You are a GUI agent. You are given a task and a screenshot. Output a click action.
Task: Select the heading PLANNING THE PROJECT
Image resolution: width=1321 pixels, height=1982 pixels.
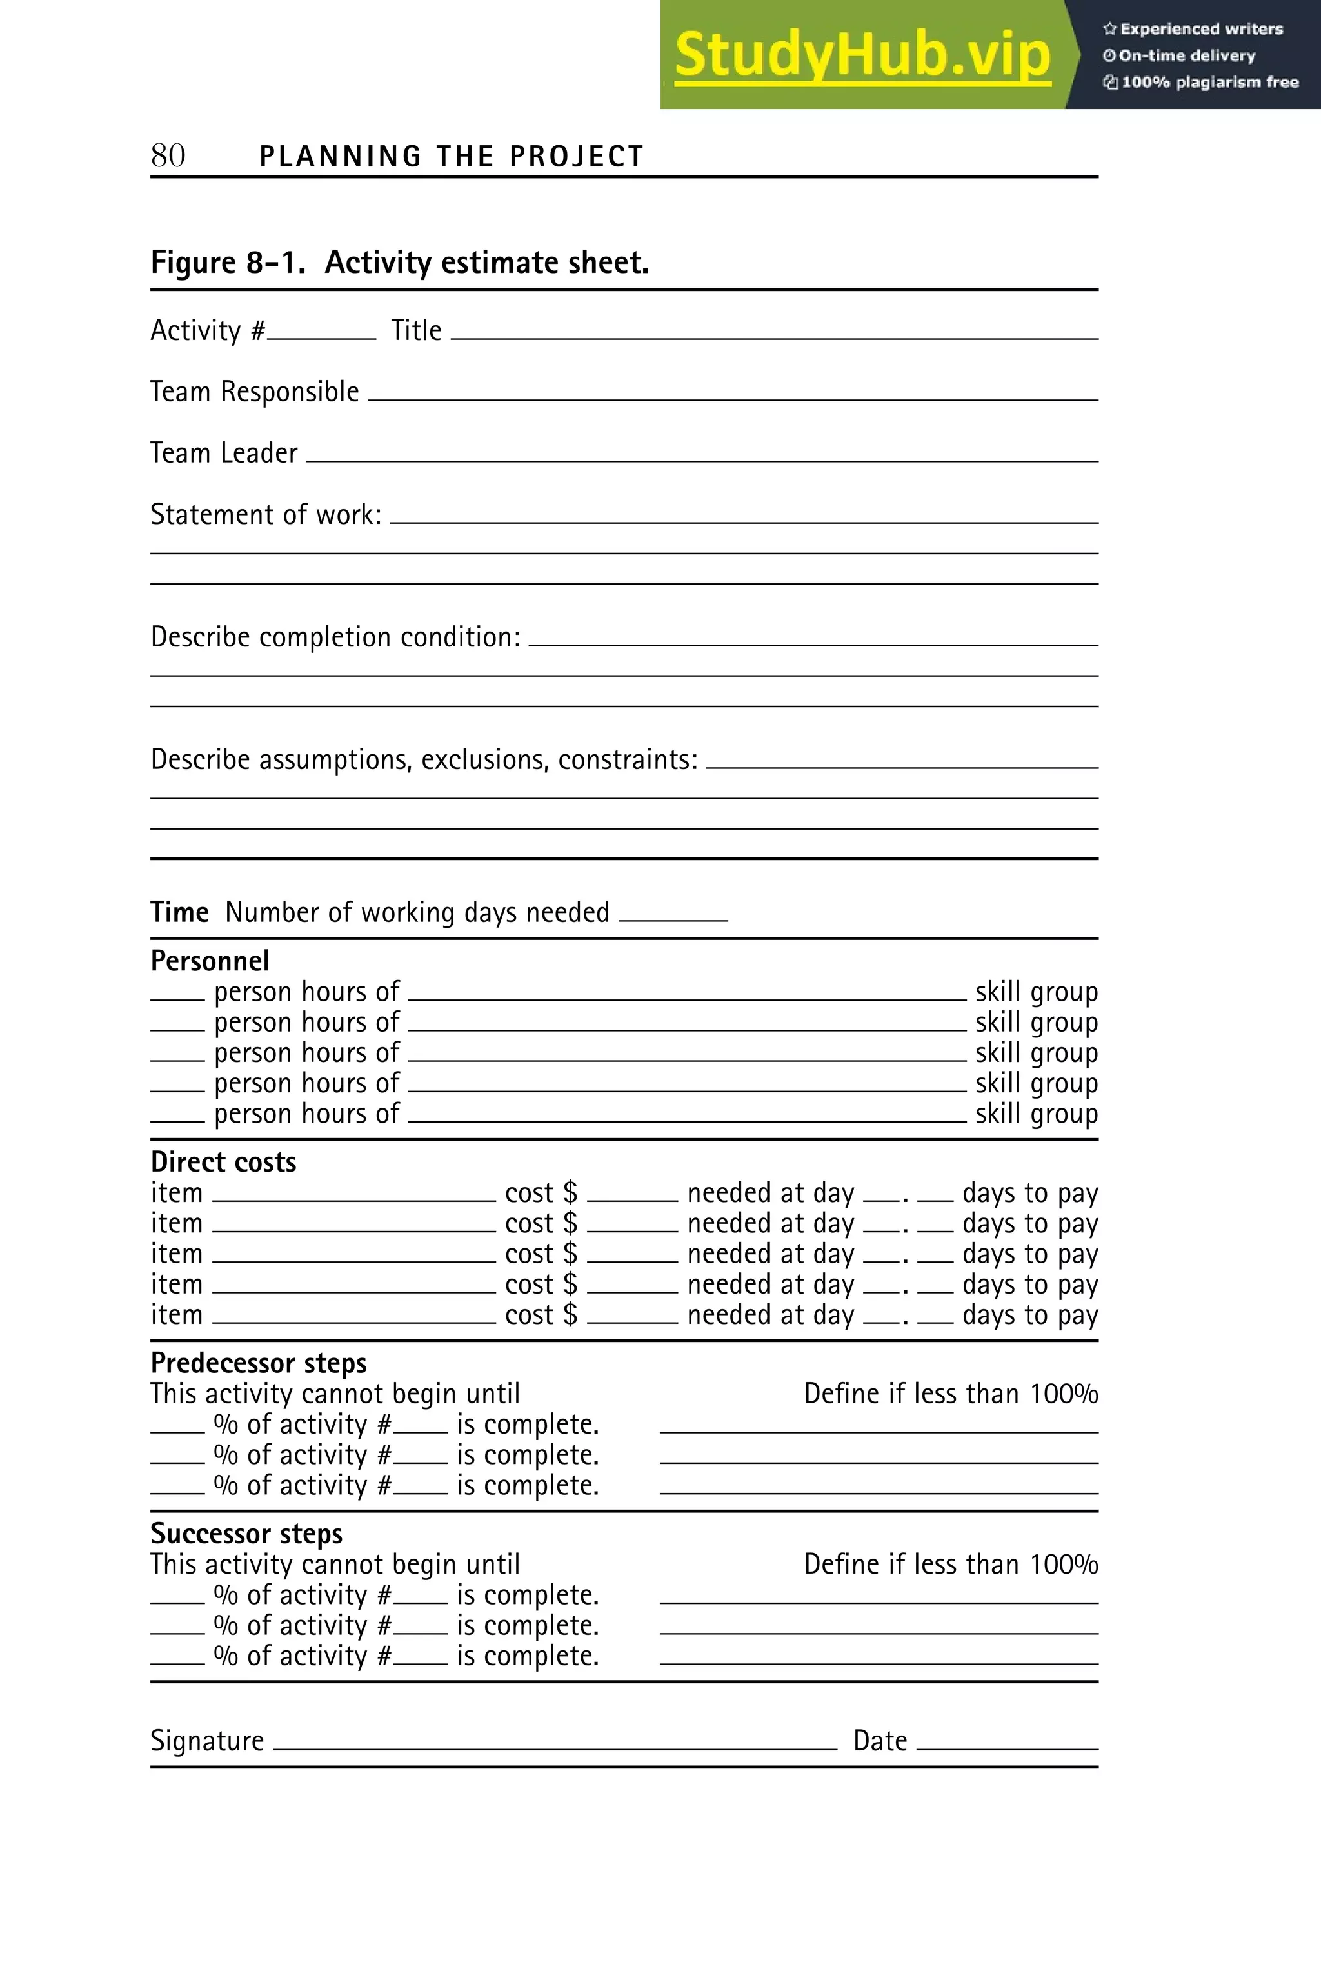click(x=452, y=157)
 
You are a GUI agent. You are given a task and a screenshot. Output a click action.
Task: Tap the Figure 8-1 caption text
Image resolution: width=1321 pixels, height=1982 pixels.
click(x=399, y=263)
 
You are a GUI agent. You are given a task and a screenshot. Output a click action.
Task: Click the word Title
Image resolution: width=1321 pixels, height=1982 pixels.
click(x=416, y=330)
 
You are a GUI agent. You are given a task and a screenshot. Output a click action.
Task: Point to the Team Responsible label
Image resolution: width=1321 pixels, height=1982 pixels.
click(x=254, y=392)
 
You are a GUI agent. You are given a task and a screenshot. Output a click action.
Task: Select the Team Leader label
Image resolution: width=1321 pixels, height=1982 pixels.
click(x=223, y=454)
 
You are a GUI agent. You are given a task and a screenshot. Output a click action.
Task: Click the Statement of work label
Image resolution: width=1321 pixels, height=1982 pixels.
click(x=265, y=514)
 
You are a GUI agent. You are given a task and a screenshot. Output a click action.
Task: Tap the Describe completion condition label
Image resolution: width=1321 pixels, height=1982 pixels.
click(x=335, y=637)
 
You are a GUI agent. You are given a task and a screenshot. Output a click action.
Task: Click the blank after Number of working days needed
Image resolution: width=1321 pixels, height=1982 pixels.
click(x=673, y=917)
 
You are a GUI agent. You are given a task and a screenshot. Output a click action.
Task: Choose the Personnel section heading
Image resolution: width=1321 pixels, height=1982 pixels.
click(x=210, y=961)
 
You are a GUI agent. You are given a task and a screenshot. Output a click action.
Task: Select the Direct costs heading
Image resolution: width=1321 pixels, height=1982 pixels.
click(x=223, y=1162)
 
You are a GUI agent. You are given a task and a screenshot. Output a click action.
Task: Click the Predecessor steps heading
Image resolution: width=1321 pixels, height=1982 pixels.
click(x=258, y=1363)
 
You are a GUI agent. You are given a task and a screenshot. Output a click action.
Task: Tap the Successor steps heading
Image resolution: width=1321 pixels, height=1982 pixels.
click(x=246, y=1533)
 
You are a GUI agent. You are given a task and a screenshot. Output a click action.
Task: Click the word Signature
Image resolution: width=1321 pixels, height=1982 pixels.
click(x=207, y=1740)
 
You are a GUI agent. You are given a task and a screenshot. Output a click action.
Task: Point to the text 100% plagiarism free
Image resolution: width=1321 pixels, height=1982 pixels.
click(x=1209, y=82)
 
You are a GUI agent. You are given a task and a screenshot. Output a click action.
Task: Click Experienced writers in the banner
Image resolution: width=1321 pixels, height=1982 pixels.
click(x=1200, y=28)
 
